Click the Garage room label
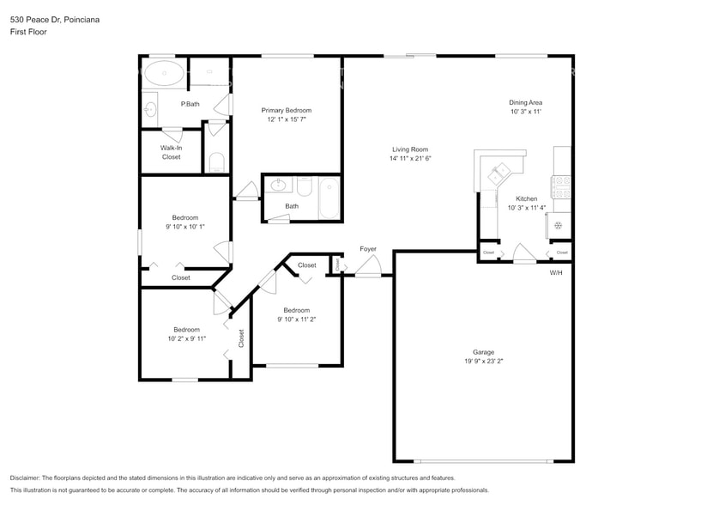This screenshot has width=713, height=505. pyautogui.click(x=483, y=352)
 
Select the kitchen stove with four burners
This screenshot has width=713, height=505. pyautogui.click(x=563, y=187)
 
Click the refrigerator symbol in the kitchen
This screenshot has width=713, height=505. pyautogui.click(x=559, y=225)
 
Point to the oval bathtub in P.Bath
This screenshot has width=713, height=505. pyautogui.click(x=163, y=74)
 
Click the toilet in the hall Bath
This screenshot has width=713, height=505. pyautogui.click(x=305, y=186)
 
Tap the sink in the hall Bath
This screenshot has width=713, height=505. pyautogui.click(x=279, y=185)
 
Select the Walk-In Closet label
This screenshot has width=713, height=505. pyautogui.click(x=171, y=153)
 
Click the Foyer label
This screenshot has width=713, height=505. pyautogui.click(x=368, y=249)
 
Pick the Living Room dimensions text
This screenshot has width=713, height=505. pyautogui.click(x=410, y=158)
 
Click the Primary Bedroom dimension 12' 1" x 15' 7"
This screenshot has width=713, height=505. pyautogui.click(x=287, y=119)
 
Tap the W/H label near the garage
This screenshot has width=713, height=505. pyautogui.click(x=556, y=272)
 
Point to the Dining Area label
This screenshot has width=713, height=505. pyautogui.click(x=526, y=102)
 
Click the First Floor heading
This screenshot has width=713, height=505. pyautogui.click(x=28, y=32)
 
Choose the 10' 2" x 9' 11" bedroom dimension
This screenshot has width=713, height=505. pyautogui.click(x=186, y=338)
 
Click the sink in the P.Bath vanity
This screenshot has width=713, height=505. pyautogui.click(x=150, y=109)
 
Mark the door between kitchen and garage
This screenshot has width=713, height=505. pyautogui.click(x=523, y=253)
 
